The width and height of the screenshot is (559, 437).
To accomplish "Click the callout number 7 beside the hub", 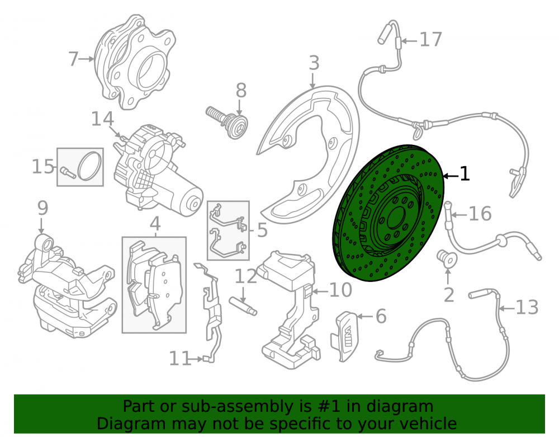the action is [x=73, y=59].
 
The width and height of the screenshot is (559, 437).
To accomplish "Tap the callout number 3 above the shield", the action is [x=314, y=63].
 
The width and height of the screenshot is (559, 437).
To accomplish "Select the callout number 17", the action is [x=431, y=40].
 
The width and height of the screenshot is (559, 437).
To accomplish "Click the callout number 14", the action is [x=103, y=119].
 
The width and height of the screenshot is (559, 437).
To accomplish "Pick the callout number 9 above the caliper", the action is [x=42, y=208].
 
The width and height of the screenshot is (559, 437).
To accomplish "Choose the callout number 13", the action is [x=527, y=307].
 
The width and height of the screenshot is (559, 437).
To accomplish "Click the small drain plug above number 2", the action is [x=447, y=259].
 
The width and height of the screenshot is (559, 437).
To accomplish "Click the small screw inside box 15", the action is [x=68, y=172].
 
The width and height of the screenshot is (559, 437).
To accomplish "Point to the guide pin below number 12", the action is [x=243, y=306].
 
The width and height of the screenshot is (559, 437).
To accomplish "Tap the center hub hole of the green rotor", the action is [x=396, y=218].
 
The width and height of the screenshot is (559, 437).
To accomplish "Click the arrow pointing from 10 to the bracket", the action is [x=320, y=292].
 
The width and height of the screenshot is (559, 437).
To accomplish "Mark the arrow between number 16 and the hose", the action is [x=459, y=215].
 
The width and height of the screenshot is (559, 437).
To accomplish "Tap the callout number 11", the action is [x=179, y=359].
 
